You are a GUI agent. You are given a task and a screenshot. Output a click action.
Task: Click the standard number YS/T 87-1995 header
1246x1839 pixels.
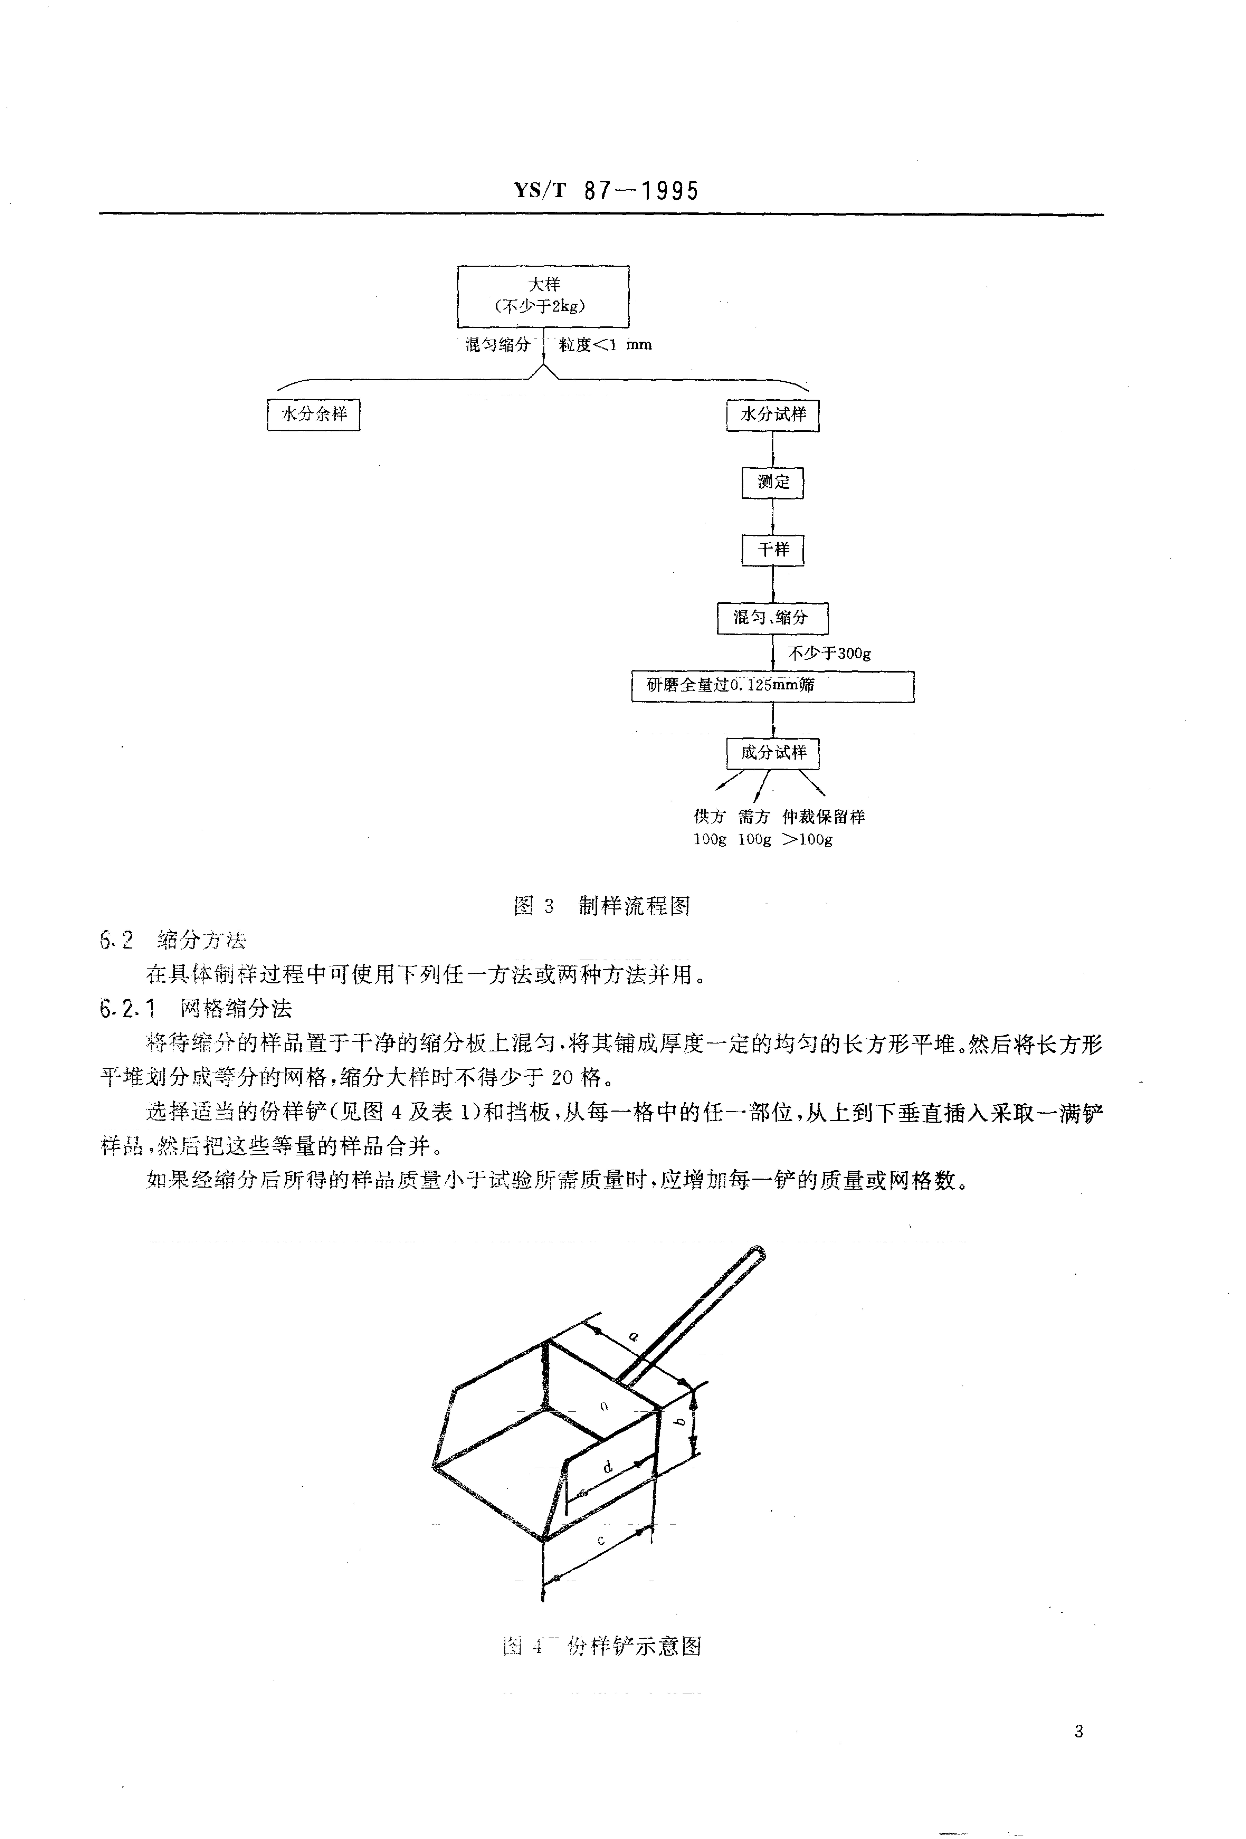click(x=606, y=191)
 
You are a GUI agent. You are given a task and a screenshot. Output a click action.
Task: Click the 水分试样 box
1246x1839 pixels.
click(x=772, y=415)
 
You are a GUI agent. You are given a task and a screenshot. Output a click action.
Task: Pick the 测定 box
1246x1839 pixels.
click(x=772, y=482)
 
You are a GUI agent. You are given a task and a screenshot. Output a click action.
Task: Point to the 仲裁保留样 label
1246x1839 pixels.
click(x=823, y=817)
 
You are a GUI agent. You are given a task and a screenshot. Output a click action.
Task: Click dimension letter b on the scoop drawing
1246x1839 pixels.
click(x=678, y=1422)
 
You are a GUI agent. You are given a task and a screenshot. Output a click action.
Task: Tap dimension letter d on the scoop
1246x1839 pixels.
click(x=608, y=1467)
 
